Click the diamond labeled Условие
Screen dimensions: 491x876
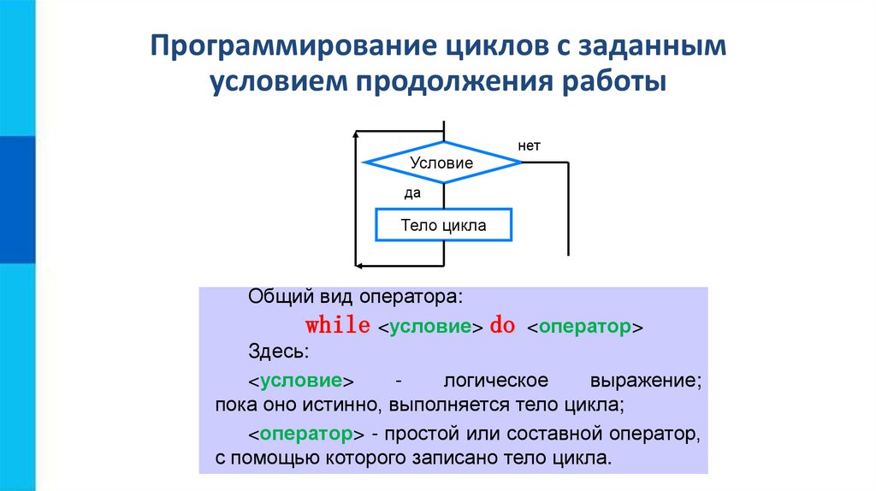pyautogui.click(x=441, y=163)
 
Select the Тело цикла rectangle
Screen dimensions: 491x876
pyautogui.click(x=443, y=226)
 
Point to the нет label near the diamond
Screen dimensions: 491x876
pyautogui.click(x=530, y=146)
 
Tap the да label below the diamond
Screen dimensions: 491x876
pyautogui.click(x=413, y=193)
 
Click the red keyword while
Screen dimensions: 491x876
pyautogui.click(x=338, y=327)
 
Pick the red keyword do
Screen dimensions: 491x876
pyautogui.click(x=502, y=327)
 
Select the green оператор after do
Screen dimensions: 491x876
pyautogui.click(x=584, y=328)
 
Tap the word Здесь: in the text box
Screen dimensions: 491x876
pyautogui.click(x=274, y=352)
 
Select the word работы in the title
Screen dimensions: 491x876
pyautogui.click(x=624, y=82)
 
